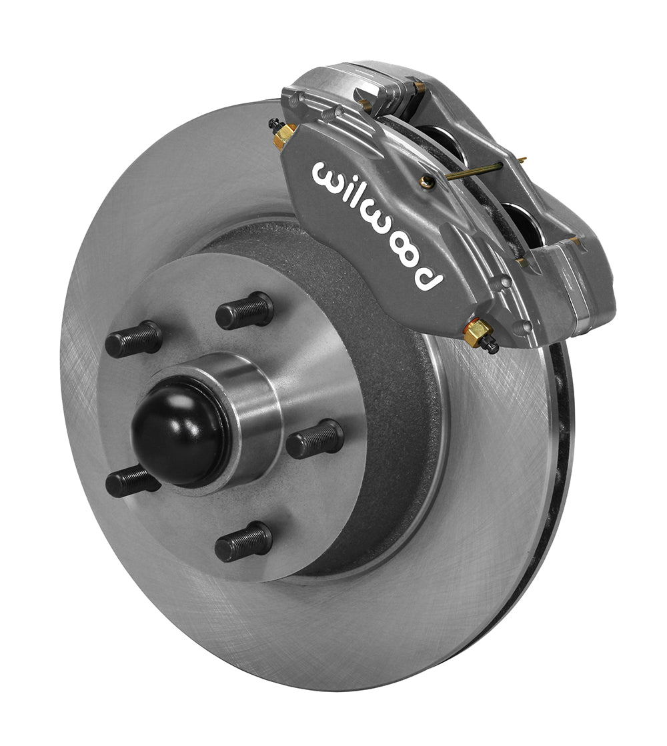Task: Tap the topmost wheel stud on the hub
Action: tap(245, 311)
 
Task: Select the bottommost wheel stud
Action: tap(243, 541)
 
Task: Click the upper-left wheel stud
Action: tap(133, 339)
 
